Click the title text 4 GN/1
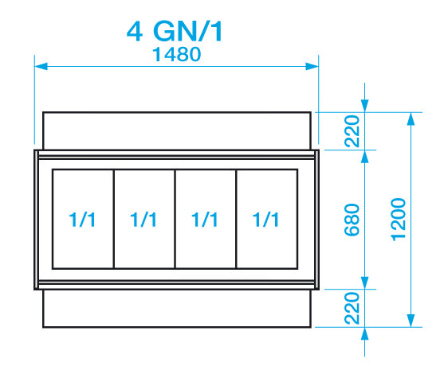point(175,31)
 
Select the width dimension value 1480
point(177,54)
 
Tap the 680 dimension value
point(352,220)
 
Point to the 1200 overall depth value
point(399,220)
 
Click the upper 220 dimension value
point(352,131)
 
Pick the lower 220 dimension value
point(352,309)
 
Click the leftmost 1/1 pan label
point(82,220)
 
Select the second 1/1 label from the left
point(143,220)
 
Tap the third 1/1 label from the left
point(205,220)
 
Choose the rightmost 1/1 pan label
point(266,220)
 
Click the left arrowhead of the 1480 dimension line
point(41,66)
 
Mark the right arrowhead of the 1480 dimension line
point(312,66)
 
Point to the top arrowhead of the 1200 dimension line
point(411,119)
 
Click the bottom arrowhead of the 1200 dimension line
point(411,321)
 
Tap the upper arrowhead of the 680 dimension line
point(365,157)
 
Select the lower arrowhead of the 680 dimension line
point(365,283)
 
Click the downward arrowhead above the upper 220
point(365,106)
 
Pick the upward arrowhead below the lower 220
point(365,334)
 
